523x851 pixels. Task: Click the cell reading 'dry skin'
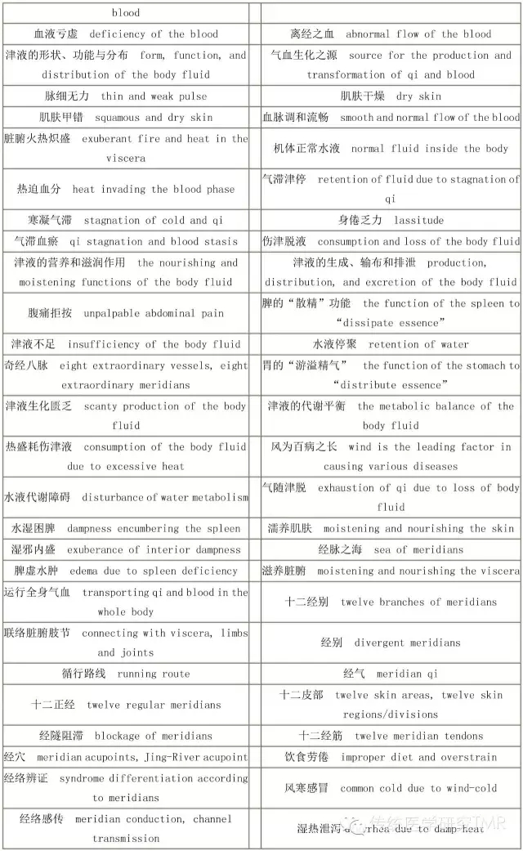click(391, 96)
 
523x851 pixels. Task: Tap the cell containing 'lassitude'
click(391, 220)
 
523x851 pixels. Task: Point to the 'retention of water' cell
click(391, 344)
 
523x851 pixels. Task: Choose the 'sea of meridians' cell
click(391, 549)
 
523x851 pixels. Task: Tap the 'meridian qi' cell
click(391, 674)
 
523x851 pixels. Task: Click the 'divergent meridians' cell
click(391, 643)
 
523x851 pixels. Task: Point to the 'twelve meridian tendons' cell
click(391, 736)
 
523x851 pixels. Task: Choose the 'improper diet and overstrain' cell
click(391, 757)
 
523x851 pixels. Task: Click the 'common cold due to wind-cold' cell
click(391, 788)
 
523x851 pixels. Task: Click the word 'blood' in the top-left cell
click(126, 12)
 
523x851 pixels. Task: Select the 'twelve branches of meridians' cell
click(391, 602)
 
